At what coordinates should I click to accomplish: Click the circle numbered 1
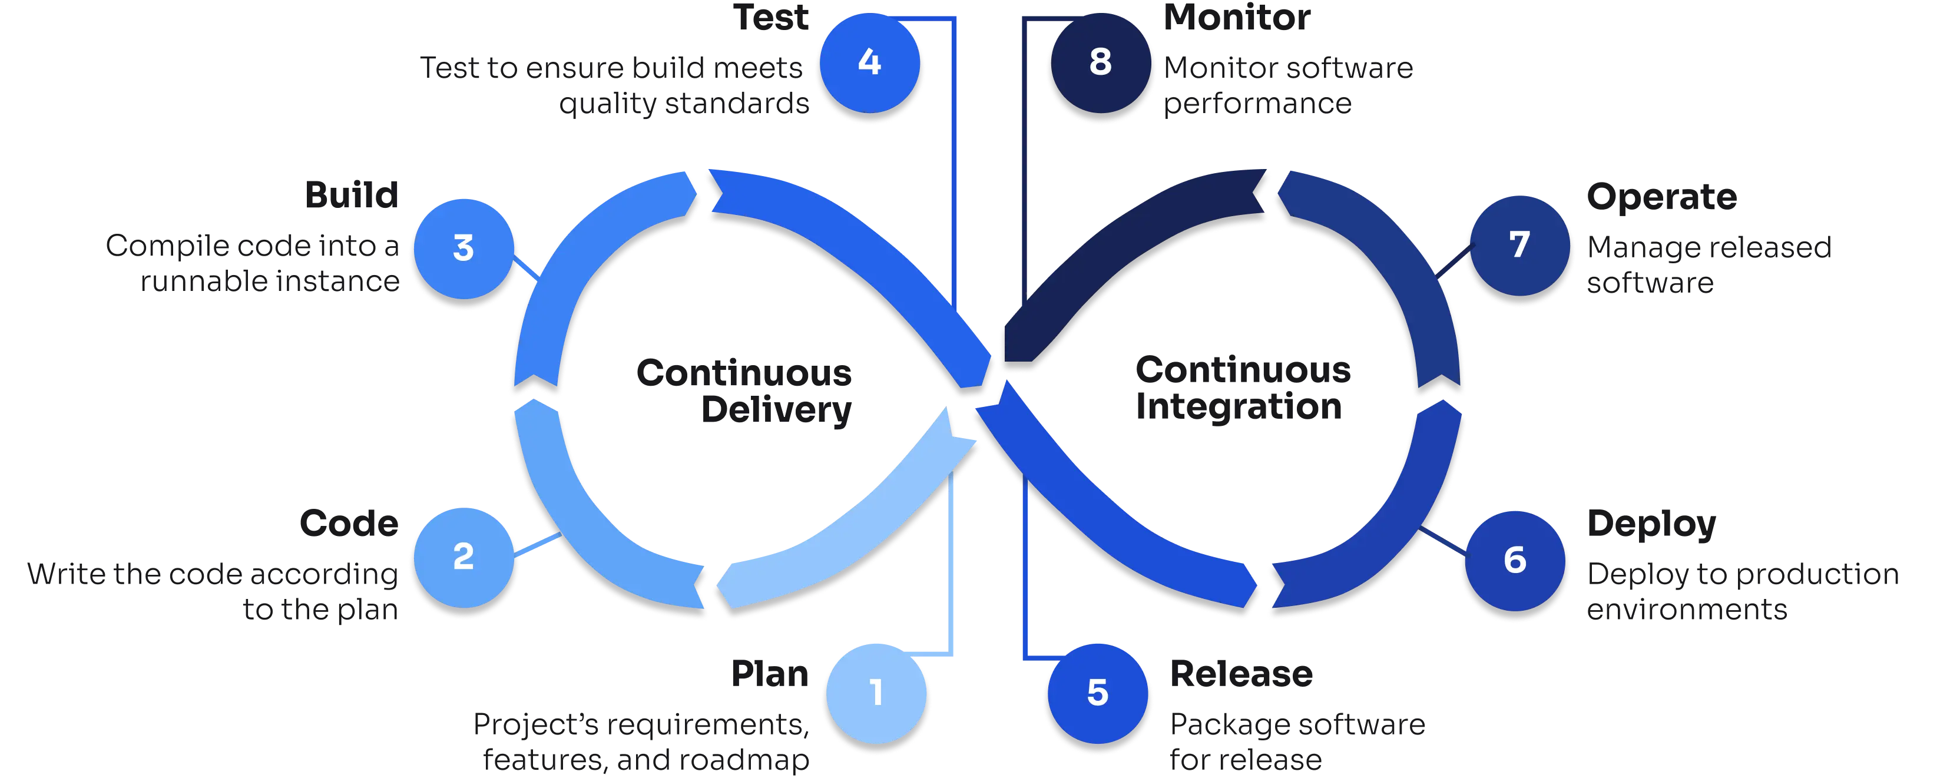(x=876, y=693)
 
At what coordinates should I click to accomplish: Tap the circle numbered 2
(x=463, y=557)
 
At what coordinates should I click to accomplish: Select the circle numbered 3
(x=463, y=249)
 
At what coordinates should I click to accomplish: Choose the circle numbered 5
(x=1097, y=693)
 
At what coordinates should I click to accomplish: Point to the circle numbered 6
(x=1515, y=561)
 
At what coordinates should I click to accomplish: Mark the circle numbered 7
(x=1519, y=245)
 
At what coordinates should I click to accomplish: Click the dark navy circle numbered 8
(x=1100, y=62)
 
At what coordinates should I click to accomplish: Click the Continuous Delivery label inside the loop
(x=744, y=391)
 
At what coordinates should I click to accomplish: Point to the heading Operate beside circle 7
(x=1661, y=198)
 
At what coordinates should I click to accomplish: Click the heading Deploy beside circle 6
(x=1651, y=525)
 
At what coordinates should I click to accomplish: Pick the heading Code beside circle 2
(x=349, y=524)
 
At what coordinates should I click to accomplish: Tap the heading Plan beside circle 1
(x=769, y=674)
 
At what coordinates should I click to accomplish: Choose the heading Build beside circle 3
(x=352, y=196)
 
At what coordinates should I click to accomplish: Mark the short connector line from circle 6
(x=1442, y=544)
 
